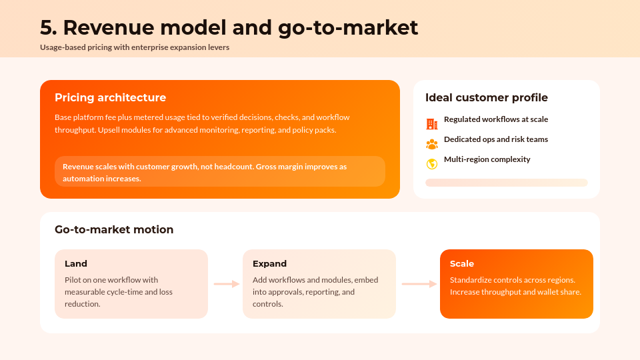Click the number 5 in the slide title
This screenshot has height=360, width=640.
[x=47, y=27]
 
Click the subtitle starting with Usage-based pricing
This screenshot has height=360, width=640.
[x=134, y=47]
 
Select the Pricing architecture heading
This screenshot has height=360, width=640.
[x=110, y=98]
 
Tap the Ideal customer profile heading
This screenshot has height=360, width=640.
[x=486, y=98]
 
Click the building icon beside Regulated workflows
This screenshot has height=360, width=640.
[x=431, y=123]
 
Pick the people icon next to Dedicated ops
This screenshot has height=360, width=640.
[x=431, y=143]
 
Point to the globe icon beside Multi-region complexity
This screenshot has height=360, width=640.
[x=431, y=163]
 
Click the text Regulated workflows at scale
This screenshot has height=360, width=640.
[x=495, y=119]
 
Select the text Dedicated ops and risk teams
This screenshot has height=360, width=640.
[x=495, y=139]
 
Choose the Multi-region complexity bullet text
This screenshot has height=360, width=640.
[x=487, y=159]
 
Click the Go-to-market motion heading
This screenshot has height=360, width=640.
[x=114, y=230]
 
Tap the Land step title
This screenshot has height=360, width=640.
[x=75, y=264]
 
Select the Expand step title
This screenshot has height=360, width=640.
[x=269, y=264]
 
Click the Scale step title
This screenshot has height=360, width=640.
[x=461, y=264]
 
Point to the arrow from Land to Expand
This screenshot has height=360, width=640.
[x=226, y=284]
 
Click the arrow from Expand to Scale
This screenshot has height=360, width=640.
[x=419, y=284]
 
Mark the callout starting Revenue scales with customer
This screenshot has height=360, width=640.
[x=219, y=172]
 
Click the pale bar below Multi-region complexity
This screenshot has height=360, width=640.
[x=506, y=183]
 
